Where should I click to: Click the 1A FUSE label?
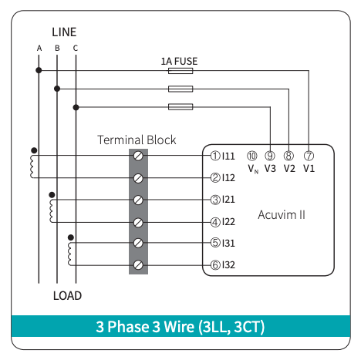179,62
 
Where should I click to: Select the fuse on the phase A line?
180,71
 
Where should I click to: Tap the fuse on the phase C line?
180,106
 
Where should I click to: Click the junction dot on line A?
39,70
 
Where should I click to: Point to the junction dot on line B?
57,89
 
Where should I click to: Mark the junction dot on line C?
76,107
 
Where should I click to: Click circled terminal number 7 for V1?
309,156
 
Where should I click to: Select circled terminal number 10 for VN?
252,156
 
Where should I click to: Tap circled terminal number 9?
270,156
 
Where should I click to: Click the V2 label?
289,169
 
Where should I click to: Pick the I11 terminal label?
228,156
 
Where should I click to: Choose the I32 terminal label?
228,265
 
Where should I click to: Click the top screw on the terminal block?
138,156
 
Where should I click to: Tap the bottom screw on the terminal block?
138,264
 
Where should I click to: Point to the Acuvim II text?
282,215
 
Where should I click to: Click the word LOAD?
67,296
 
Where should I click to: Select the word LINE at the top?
64,32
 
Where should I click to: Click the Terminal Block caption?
137,140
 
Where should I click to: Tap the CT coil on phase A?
32,167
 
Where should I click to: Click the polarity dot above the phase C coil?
71,237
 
